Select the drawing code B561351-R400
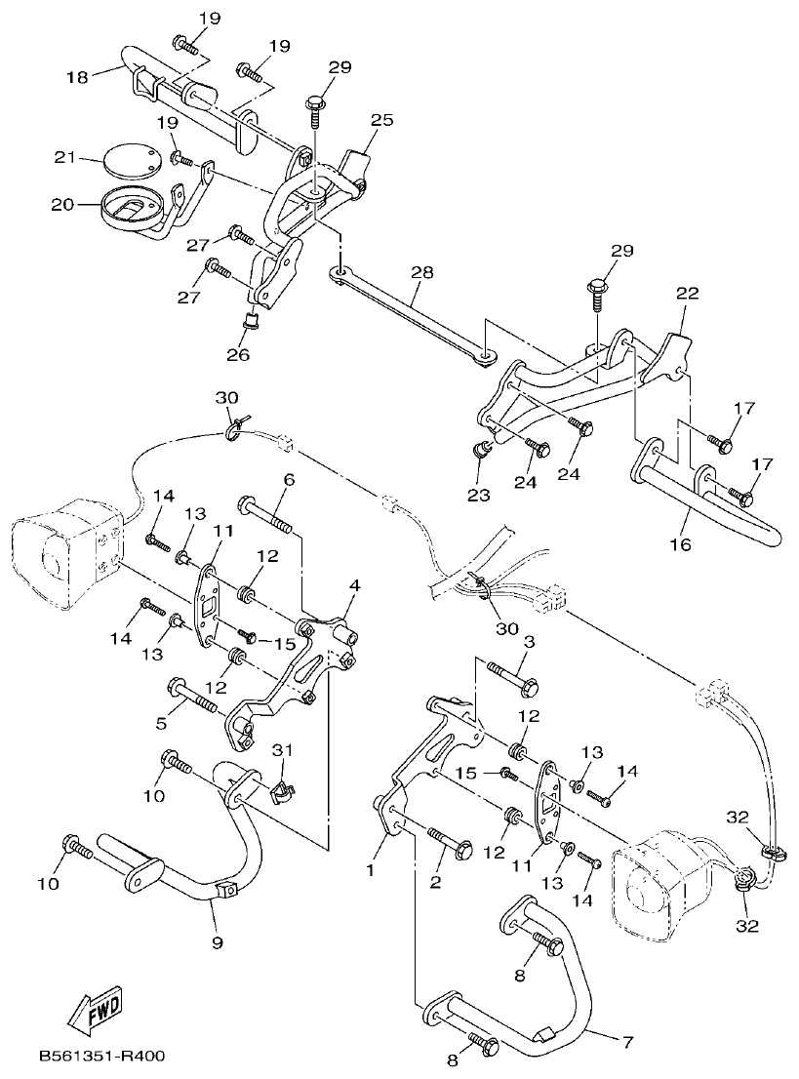point(102,1056)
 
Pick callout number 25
point(381,120)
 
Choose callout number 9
point(218,942)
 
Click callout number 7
point(627,1041)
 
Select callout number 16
point(680,543)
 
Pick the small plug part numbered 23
point(480,450)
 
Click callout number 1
point(371,868)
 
